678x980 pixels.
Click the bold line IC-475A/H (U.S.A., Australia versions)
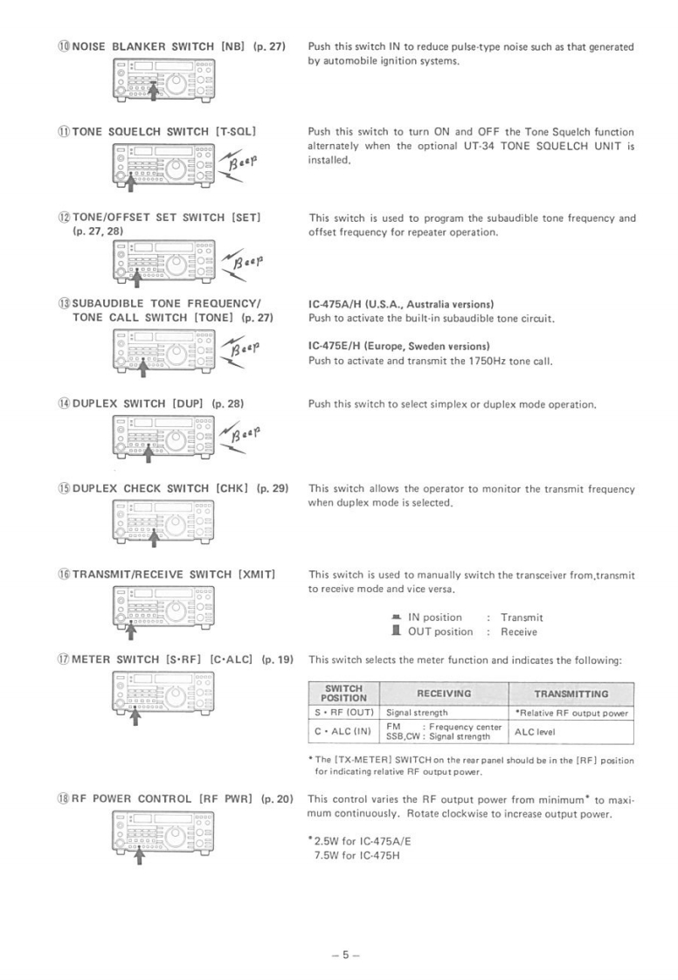point(402,305)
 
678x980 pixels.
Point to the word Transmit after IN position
point(522,618)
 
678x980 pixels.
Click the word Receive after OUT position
point(519,631)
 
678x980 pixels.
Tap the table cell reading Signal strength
point(417,713)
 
